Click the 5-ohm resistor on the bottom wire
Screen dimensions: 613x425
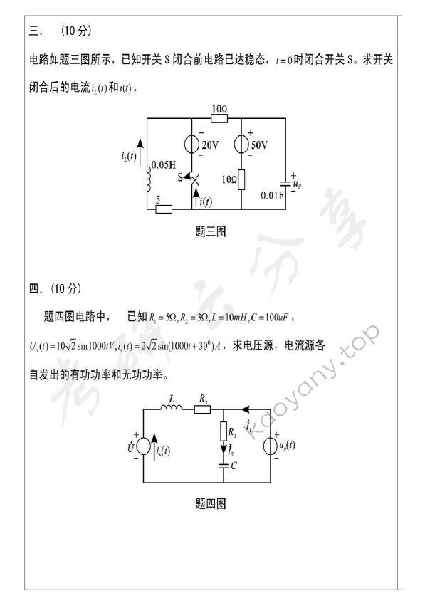(x=164, y=209)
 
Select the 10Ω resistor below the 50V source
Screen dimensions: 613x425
(x=243, y=179)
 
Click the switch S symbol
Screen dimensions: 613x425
(x=193, y=176)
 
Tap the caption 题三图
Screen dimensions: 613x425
(x=210, y=232)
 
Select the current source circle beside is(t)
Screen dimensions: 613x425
(x=145, y=447)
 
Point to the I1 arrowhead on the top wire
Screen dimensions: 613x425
(x=246, y=410)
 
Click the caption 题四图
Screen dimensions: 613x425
(x=210, y=504)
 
